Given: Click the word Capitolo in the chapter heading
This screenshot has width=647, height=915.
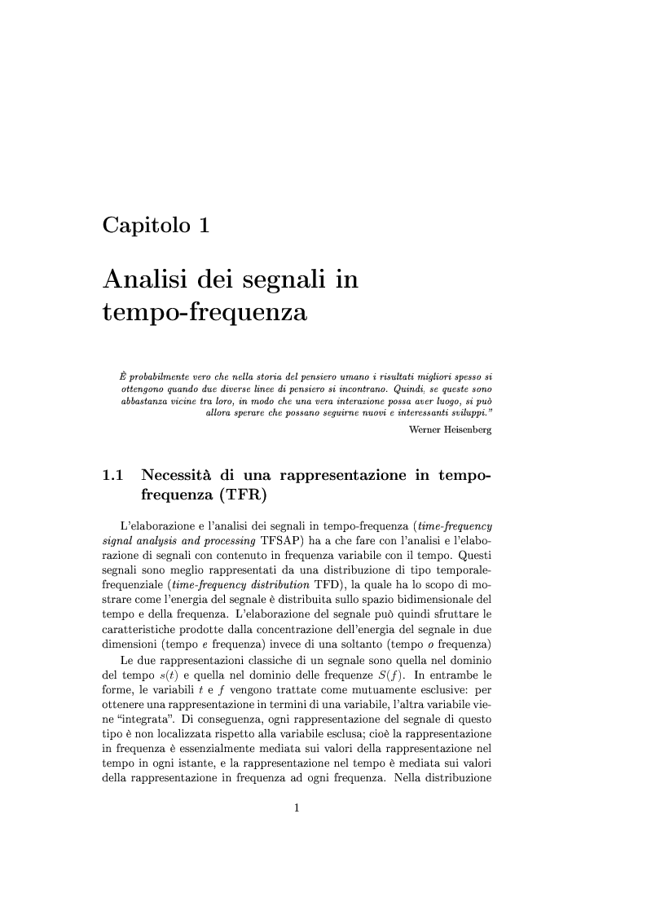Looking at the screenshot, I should [143, 225].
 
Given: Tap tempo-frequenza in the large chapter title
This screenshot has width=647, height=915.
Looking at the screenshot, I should [205, 312].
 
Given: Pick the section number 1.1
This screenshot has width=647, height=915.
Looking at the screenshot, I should [112, 475].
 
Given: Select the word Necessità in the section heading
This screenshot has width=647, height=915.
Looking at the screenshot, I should [175, 475].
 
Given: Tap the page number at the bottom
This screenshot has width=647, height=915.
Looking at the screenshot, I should [297, 808].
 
